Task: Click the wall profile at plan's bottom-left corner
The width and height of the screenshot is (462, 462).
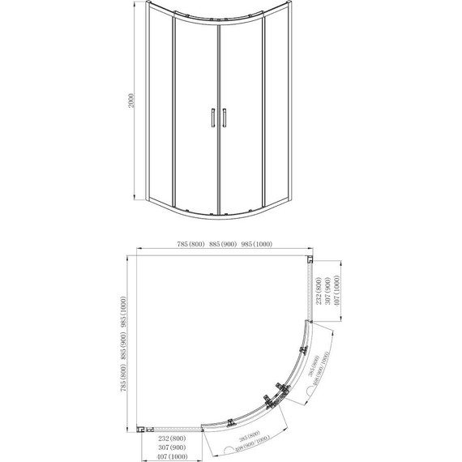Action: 143,429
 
